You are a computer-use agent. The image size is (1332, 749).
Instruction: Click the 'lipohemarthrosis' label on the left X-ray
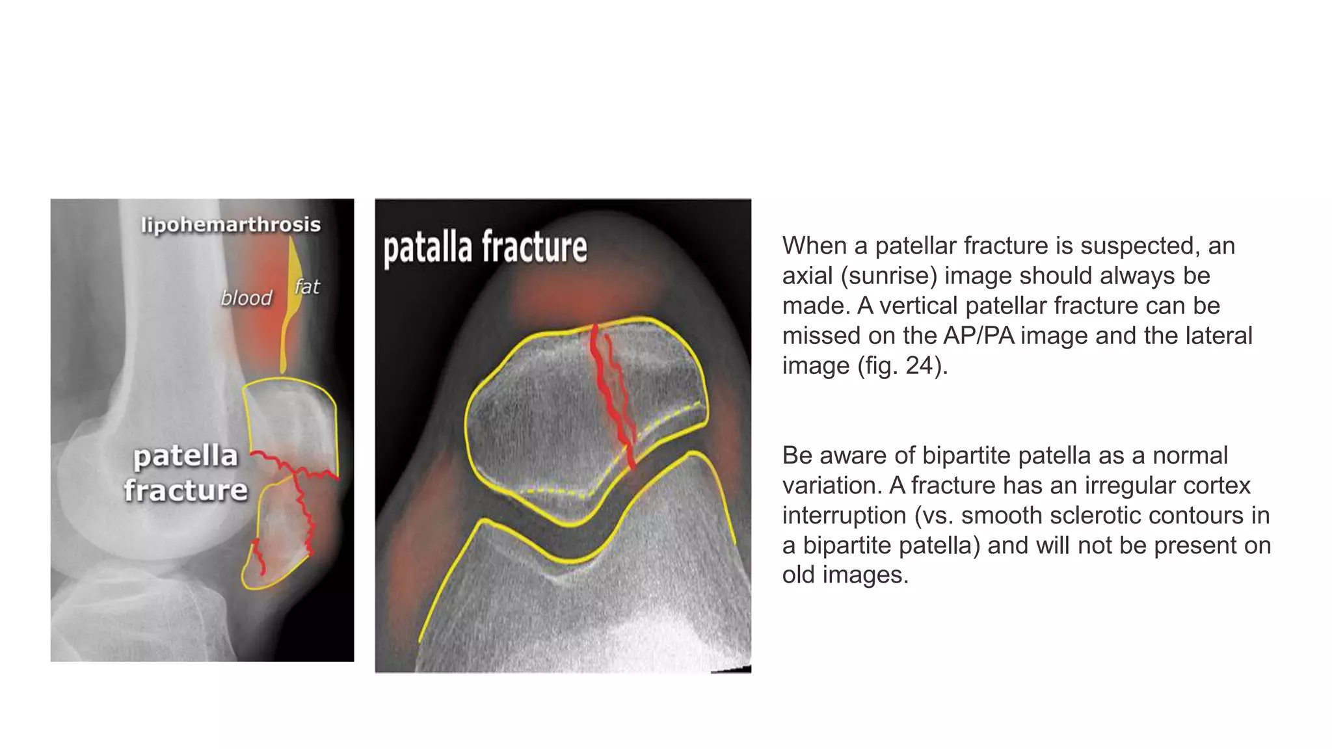tap(231, 225)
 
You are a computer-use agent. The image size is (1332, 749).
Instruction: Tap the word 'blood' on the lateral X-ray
tap(246, 298)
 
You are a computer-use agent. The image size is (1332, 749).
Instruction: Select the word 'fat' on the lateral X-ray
tap(307, 287)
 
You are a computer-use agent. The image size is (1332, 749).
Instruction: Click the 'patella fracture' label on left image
tap(186, 473)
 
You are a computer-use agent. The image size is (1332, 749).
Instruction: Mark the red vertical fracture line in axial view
tap(611, 397)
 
